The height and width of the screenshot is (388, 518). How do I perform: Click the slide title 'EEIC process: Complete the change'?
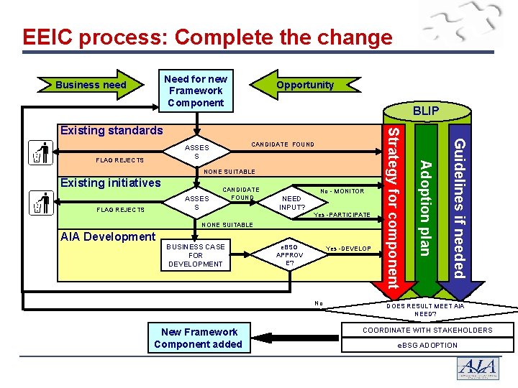coord(207,37)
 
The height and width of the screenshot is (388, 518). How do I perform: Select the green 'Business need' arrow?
coord(91,85)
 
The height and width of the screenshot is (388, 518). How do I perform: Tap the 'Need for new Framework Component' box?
coord(196,91)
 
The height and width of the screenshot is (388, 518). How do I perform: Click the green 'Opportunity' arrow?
coord(305,85)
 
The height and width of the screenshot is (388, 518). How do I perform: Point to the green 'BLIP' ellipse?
coord(425,111)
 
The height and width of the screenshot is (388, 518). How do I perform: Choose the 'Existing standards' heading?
coord(112,130)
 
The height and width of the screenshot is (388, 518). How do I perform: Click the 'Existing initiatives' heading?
coord(110,183)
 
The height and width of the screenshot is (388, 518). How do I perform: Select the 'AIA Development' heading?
coord(107,236)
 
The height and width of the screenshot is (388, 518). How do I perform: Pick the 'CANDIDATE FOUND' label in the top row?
coord(283,144)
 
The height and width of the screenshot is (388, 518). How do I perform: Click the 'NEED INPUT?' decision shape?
coord(292,203)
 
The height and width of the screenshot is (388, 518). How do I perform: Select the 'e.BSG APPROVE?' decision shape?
coord(290,255)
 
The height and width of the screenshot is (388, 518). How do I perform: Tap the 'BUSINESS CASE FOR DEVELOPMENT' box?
coord(196,255)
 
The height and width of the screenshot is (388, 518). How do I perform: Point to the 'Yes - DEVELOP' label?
coord(348,249)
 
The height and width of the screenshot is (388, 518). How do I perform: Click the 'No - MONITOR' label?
coord(342,191)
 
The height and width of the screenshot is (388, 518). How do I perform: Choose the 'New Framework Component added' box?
coord(199,338)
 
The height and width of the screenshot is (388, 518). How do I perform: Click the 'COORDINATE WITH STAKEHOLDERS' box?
coord(427,331)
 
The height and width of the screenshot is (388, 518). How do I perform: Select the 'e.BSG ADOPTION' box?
coord(427,345)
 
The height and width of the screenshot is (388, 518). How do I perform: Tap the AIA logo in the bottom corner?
coord(478,368)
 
